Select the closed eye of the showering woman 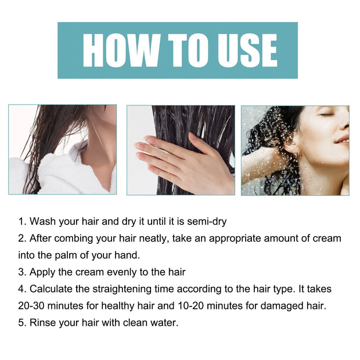(x=327, y=114)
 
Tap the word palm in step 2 (x=68, y=255)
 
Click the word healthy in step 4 (x=125, y=305)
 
